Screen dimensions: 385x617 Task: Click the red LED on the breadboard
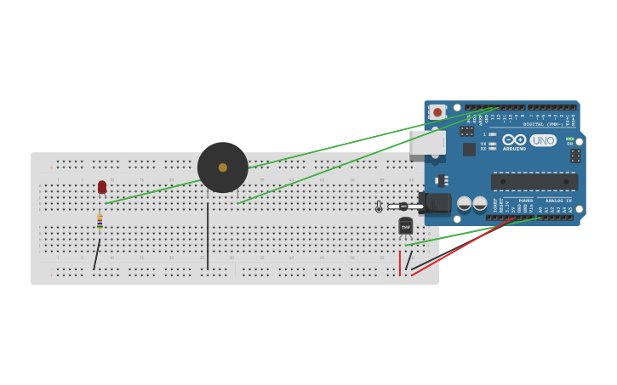pyautogui.click(x=102, y=187)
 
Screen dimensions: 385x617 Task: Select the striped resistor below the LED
pyautogui.click(x=100, y=221)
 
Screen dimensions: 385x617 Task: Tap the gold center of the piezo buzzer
pyautogui.click(x=223, y=167)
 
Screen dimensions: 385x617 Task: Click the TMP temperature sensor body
pyautogui.click(x=406, y=226)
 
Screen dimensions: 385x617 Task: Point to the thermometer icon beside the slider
pyautogui.click(x=379, y=207)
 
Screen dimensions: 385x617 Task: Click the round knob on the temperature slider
pyautogui.click(x=403, y=207)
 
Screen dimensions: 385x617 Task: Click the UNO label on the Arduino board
pyautogui.click(x=543, y=140)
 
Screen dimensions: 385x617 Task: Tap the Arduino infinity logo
pyautogui.click(x=514, y=139)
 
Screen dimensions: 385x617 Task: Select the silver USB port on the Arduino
pyautogui.click(x=426, y=144)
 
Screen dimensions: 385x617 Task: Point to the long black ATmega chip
pyautogui.click(x=534, y=182)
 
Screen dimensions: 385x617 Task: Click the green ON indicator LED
pyautogui.click(x=569, y=139)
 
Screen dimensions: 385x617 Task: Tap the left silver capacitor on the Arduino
pyautogui.click(x=465, y=204)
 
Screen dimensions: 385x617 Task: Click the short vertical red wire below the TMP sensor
pyautogui.click(x=400, y=263)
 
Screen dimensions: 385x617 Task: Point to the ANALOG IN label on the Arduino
pyautogui.click(x=558, y=201)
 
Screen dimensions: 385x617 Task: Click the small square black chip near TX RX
pyautogui.click(x=469, y=150)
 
